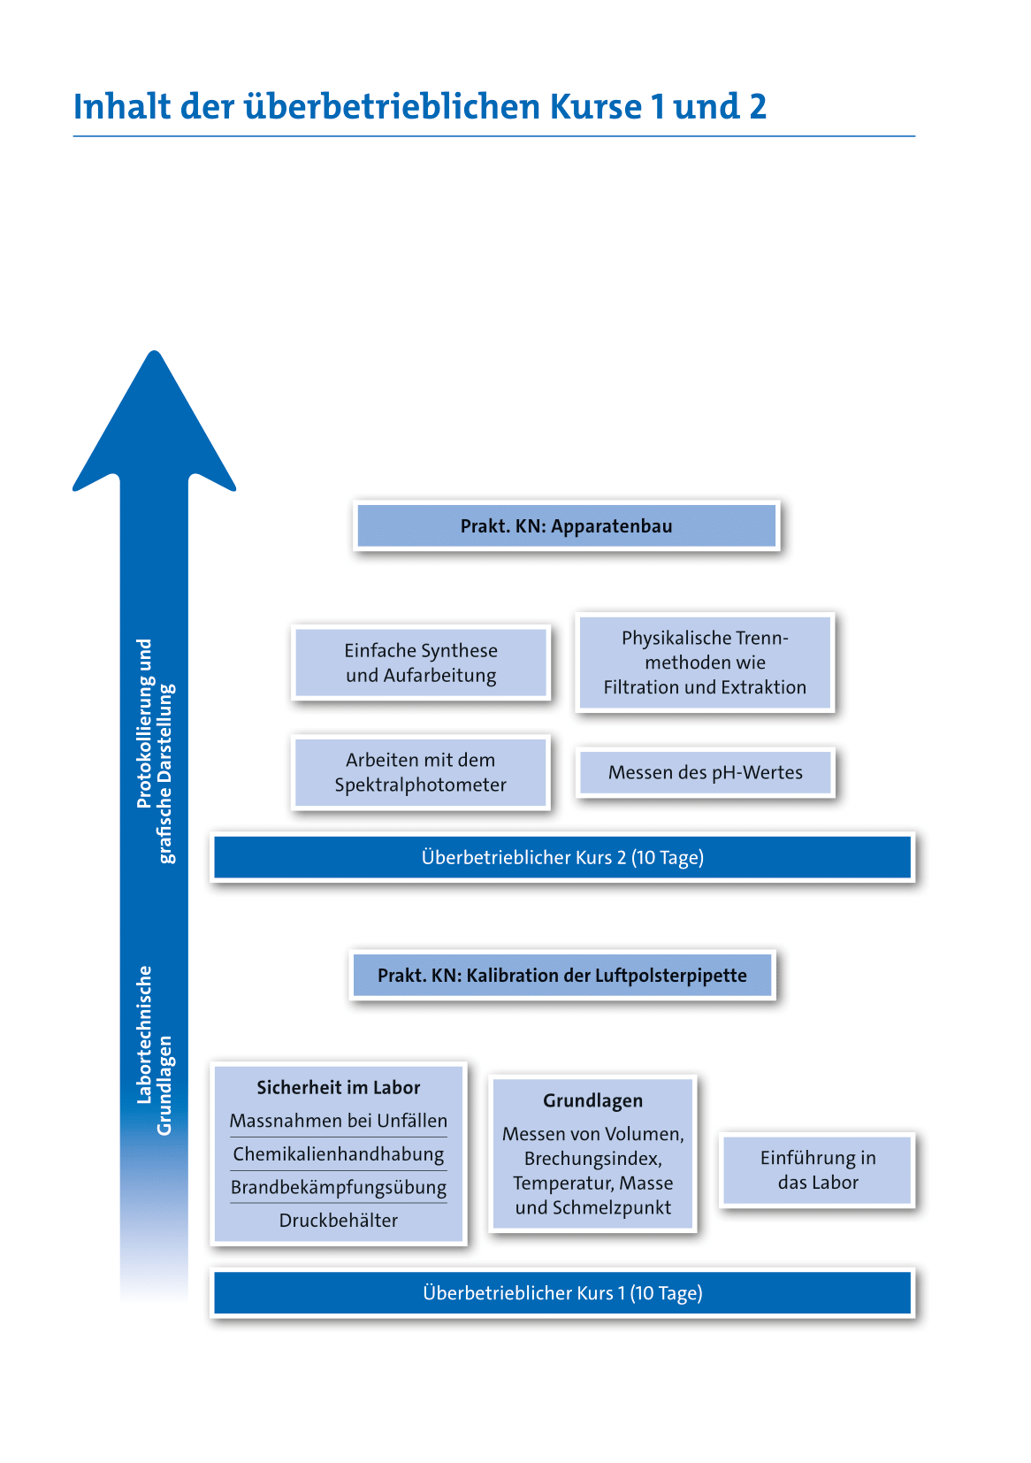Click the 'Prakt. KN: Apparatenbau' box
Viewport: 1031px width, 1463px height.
(566, 526)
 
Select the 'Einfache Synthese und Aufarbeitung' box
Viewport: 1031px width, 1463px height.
(421, 663)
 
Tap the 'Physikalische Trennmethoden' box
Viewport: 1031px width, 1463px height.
(705, 663)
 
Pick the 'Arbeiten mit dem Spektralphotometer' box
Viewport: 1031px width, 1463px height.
(421, 772)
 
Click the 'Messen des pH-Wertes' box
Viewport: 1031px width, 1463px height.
(705, 772)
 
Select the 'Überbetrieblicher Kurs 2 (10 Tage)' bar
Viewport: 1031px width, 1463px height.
(562, 857)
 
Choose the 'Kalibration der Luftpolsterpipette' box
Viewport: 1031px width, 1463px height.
(562, 976)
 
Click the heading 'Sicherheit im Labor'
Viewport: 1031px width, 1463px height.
(339, 1088)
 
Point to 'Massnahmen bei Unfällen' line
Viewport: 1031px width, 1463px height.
(339, 1122)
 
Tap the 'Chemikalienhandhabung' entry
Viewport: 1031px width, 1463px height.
(339, 1154)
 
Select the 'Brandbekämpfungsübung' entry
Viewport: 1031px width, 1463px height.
(339, 1187)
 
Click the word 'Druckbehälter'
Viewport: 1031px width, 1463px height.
(339, 1221)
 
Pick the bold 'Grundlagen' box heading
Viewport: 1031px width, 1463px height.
(592, 1101)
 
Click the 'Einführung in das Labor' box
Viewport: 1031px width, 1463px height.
(818, 1170)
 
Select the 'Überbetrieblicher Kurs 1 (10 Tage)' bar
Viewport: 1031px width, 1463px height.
(562, 1293)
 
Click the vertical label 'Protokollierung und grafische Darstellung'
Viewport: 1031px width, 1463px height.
(156, 750)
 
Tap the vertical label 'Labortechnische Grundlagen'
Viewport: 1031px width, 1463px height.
(155, 1050)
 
